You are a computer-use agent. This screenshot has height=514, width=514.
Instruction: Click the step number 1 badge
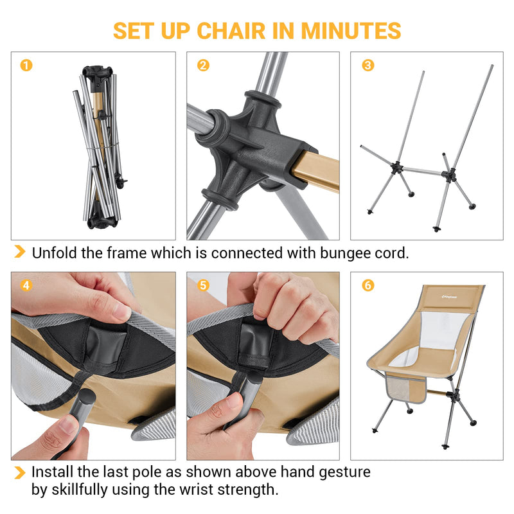(26, 65)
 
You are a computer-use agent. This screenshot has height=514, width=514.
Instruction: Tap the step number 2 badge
(203, 65)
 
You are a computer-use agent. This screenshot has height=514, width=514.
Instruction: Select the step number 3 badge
(368, 65)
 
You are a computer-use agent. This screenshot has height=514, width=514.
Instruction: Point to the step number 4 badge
(26, 285)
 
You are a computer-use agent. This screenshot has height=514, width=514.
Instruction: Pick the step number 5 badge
(203, 285)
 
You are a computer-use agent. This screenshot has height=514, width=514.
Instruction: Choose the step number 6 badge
(368, 285)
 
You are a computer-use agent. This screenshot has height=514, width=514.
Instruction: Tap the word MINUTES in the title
(351, 30)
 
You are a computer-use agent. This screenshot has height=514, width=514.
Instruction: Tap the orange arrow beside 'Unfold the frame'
(21, 252)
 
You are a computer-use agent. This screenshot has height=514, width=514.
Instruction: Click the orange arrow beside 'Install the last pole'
(21, 473)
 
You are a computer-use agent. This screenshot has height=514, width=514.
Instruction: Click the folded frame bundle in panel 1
(98, 148)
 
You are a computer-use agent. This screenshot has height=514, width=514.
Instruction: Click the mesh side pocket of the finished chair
(407, 387)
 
